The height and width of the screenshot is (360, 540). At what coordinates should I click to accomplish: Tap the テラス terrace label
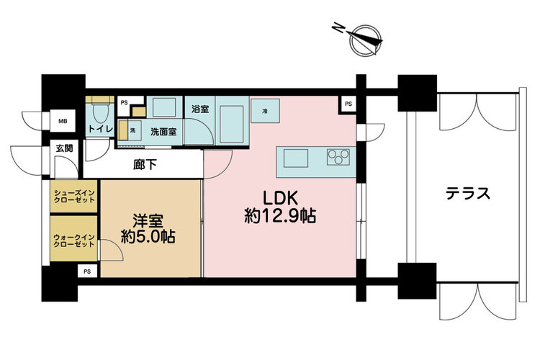468,194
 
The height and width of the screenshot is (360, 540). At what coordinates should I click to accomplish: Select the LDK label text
280,198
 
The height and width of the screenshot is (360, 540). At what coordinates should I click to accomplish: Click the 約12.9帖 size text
280,216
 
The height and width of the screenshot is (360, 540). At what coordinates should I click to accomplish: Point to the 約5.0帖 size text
148,237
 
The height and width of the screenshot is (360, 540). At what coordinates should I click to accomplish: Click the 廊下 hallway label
145,165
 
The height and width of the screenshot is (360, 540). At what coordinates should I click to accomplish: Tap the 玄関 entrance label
64,148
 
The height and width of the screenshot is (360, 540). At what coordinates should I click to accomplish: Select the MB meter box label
63,121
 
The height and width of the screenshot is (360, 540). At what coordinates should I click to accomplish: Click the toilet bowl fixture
101,113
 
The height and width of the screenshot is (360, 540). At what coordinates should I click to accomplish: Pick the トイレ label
101,130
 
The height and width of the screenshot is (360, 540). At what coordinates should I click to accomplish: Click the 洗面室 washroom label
163,132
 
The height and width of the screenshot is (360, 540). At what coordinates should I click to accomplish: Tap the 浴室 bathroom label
200,109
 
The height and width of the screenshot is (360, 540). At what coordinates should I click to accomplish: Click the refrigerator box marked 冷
265,111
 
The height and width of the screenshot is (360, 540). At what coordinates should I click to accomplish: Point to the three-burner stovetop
338,157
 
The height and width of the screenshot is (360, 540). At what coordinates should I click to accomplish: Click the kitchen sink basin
296,158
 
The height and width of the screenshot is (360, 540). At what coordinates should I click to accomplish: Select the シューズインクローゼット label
74,197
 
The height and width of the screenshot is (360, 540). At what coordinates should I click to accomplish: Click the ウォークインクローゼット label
73,240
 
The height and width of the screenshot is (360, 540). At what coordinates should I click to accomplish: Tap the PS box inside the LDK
348,104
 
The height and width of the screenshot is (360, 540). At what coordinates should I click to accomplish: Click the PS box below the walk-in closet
87,271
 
